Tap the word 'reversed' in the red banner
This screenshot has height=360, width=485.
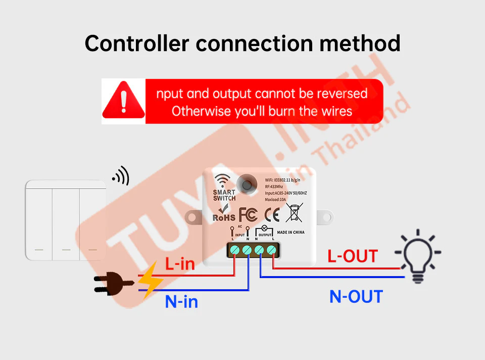click(x=342, y=94)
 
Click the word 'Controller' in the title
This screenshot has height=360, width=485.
click(x=136, y=43)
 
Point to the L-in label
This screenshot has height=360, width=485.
click(x=180, y=263)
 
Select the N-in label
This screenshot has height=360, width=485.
click(x=181, y=302)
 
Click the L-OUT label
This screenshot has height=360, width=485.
click(x=352, y=256)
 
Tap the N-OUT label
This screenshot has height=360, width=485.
click(x=356, y=296)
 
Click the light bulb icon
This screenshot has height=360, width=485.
click(x=417, y=255)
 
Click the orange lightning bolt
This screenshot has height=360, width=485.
click(x=150, y=280)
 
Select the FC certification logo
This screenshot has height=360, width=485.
click(x=248, y=214)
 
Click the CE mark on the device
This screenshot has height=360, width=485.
click(x=272, y=214)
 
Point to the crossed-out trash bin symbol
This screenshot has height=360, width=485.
click(x=294, y=212)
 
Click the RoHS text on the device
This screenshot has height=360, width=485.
click(x=224, y=217)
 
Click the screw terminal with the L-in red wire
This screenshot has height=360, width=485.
click(x=235, y=250)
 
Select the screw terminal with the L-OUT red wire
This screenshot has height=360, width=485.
click(x=272, y=250)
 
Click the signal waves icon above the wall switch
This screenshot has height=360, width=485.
click(x=121, y=176)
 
